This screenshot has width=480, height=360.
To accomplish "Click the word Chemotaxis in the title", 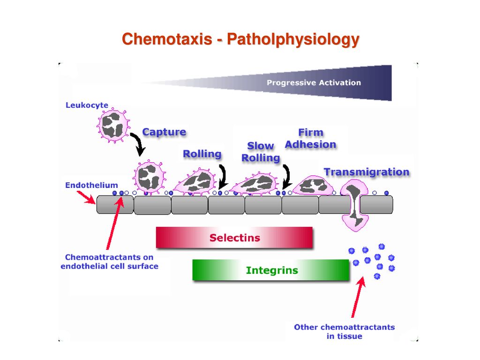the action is (167, 39).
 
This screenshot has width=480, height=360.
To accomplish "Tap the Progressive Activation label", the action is (314, 82).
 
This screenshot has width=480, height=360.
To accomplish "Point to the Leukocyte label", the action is (87, 105).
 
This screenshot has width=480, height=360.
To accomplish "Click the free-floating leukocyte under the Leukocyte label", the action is (113, 125).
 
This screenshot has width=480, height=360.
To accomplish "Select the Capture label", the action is (164, 132).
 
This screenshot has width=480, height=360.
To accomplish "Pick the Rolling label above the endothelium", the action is (202, 154).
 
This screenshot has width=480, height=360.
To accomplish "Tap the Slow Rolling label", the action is (261, 151).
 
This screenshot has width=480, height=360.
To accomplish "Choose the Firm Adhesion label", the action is (310, 138).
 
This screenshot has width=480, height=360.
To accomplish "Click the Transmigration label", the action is (367, 172).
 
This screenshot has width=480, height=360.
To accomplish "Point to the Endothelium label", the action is (91, 185).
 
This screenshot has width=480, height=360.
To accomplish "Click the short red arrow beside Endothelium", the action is (86, 197).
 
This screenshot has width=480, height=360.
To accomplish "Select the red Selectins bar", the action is (234, 238).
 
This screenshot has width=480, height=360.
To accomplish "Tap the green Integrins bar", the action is (270, 270).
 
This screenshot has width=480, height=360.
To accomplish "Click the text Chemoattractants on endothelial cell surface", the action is (109, 262).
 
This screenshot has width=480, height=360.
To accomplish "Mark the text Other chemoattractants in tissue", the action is (345, 331).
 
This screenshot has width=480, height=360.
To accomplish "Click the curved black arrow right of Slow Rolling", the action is (286, 177).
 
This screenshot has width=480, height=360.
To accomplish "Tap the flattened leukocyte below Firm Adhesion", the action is (313, 186).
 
